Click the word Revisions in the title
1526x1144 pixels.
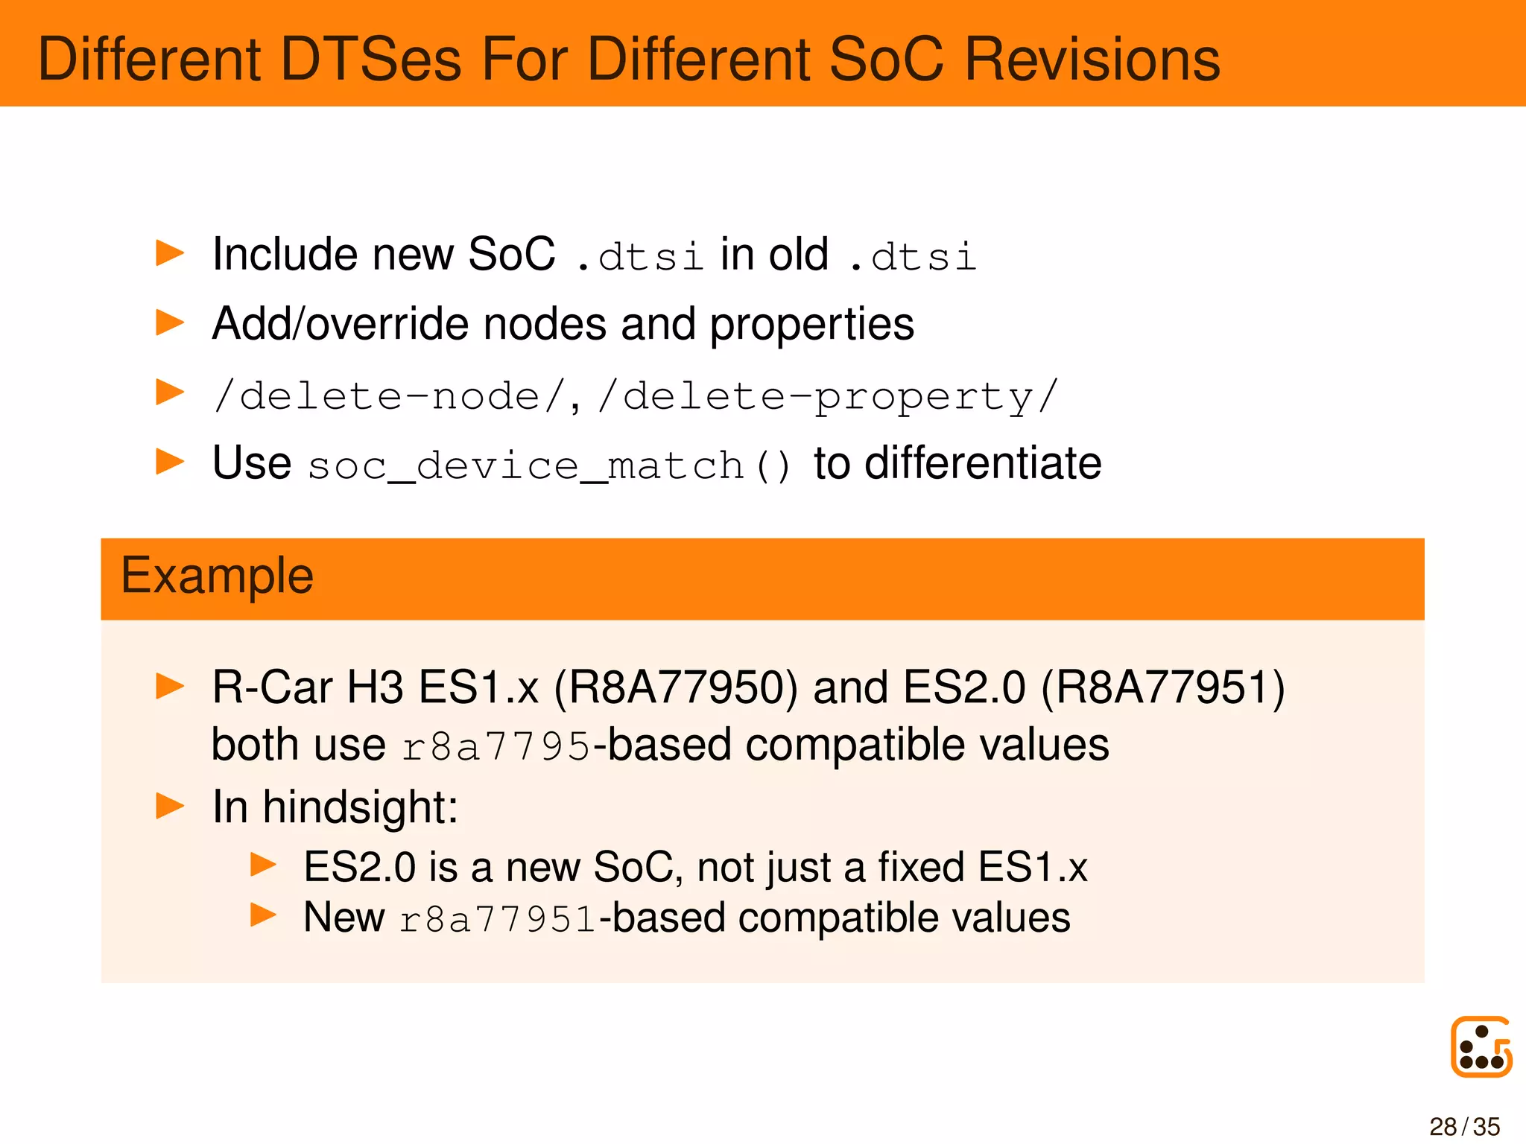click(x=1092, y=60)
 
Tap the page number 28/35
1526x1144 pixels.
click(x=1464, y=1126)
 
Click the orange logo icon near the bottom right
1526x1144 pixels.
click(x=1481, y=1046)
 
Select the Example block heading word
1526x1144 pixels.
click(x=217, y=576)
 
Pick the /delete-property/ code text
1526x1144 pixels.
click(x=827, y=396)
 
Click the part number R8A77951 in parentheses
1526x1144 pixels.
click(x=1163, y=687)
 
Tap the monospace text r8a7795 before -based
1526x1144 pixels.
click(x=496, y=746)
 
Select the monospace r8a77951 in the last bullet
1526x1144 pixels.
click(x=498, y=919)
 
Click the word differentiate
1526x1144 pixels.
click(x=983, y=463)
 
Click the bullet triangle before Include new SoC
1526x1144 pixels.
click(x=169, y=253)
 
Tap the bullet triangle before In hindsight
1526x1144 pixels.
click(x=169, y=806)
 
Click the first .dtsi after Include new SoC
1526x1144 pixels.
click(x=641, y=255)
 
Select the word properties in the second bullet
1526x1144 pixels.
click(x=811, y=324)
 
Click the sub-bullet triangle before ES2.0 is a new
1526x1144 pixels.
click(x=263, y=865)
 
